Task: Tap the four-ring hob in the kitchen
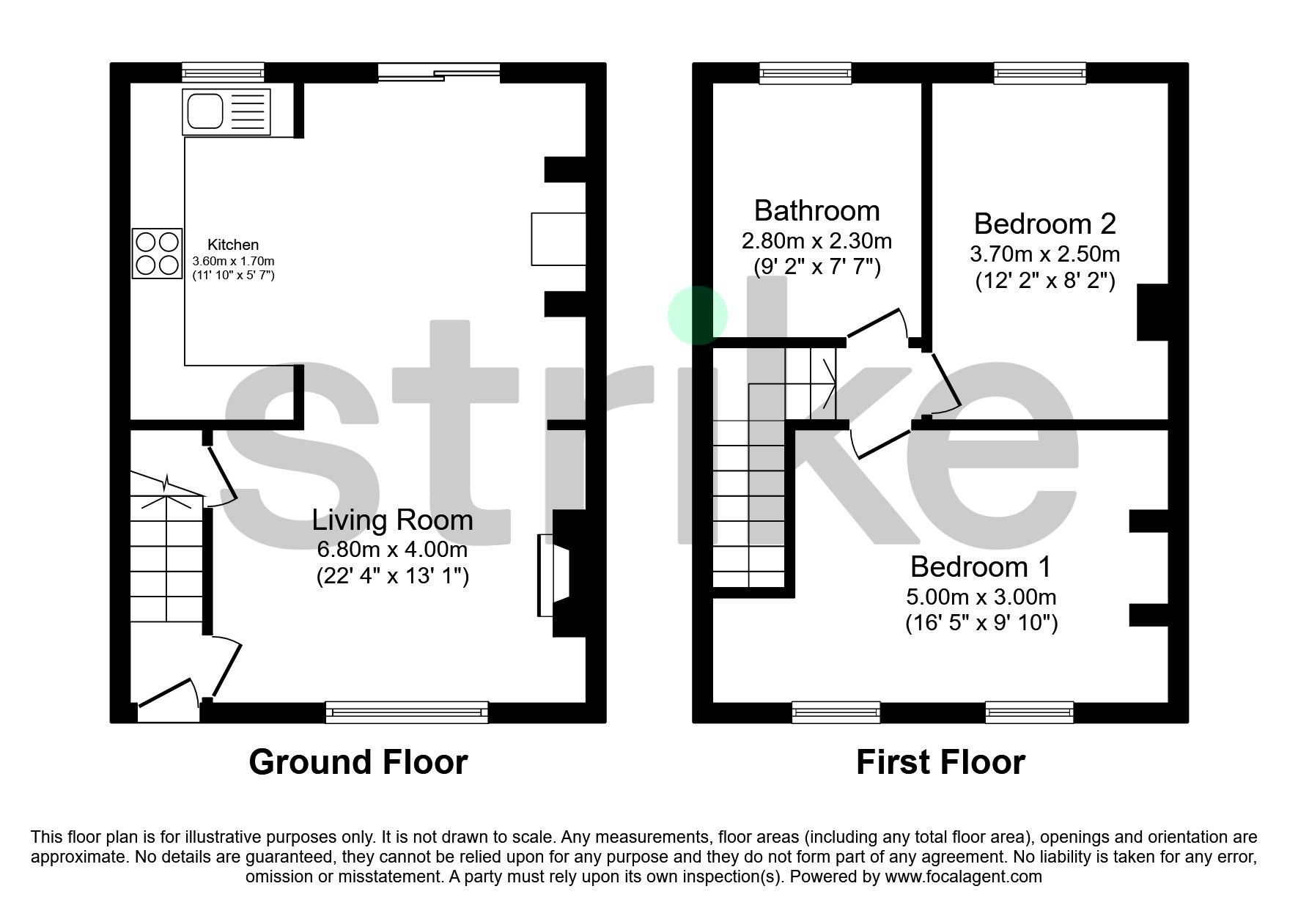point(157,254)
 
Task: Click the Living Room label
point(392,520)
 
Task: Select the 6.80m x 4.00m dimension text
point(392,549)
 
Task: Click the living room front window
point(407,711)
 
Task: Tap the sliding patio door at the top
point(439,72)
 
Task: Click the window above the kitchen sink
point(223,72)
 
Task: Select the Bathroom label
point(816,211)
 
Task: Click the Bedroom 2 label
point(1044,224)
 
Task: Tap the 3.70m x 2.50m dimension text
point(1044,254)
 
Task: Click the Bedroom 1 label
point(981,566)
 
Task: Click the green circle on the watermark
point(697,315)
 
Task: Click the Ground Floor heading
point(358,762)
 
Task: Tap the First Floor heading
point(940,762)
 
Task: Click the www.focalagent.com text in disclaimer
point(963,876)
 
